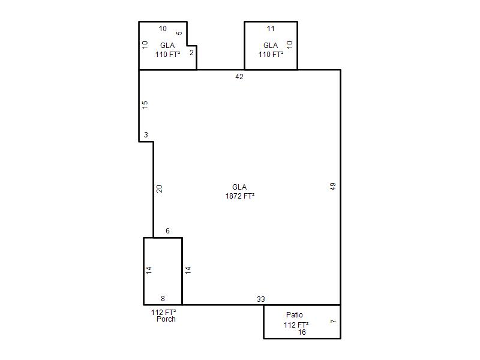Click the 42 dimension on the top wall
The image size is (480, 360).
point(239,77)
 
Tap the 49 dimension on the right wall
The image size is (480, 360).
point(333,187)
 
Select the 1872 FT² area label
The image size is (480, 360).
point(240,196)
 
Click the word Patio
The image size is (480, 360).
point(295,314)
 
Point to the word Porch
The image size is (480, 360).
point(166,319)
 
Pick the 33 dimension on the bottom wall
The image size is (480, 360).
point(261,299)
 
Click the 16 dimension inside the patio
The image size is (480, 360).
point(302,332)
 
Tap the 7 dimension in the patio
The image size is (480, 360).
point(334,321)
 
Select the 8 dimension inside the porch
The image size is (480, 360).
point(163,298)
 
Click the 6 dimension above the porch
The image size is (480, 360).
point(167,231)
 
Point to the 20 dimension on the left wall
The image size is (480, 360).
point(159,189)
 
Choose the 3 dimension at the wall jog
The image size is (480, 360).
point(146,134)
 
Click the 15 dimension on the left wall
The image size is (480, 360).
point(145,104)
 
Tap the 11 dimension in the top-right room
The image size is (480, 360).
point(271,29)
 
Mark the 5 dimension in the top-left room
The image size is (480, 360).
point(179,33)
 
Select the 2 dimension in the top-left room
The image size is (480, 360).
point(191,53)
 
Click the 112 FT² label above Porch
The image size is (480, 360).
point(163,312)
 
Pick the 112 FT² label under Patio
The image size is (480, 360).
point(296,325)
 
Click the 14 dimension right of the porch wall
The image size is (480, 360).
point(188,270)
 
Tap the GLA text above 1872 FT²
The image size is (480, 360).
point(239,187)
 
